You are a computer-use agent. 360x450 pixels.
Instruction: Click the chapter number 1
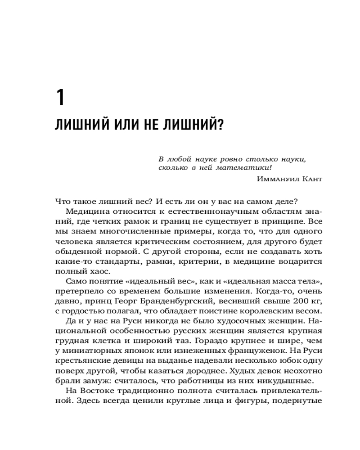[60, 98]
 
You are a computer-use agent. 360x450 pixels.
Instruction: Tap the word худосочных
[238, 321]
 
